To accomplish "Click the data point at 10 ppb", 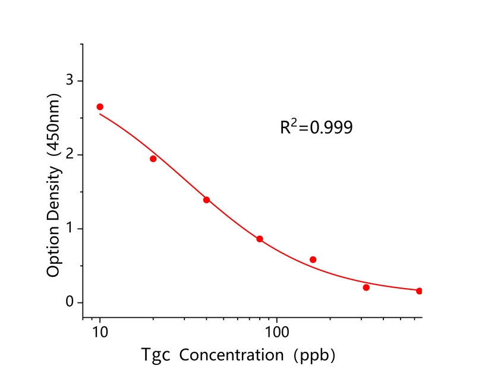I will [x=100, y=107].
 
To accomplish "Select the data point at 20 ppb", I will [x=153, y=158].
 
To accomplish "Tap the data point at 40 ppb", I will [x=206, y=199].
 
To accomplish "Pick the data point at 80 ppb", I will [x=260, y=239].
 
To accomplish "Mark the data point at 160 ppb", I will [x=313, y=260].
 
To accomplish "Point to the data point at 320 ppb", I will [x=366, y=288].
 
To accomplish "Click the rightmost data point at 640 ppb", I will [x=419, y=291].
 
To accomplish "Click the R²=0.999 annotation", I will [x=316, y=127].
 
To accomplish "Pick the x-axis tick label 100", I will [x=277, y=328].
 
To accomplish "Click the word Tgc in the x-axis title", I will [x=156, y=355].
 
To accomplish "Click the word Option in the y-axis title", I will [x=53, y=252].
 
